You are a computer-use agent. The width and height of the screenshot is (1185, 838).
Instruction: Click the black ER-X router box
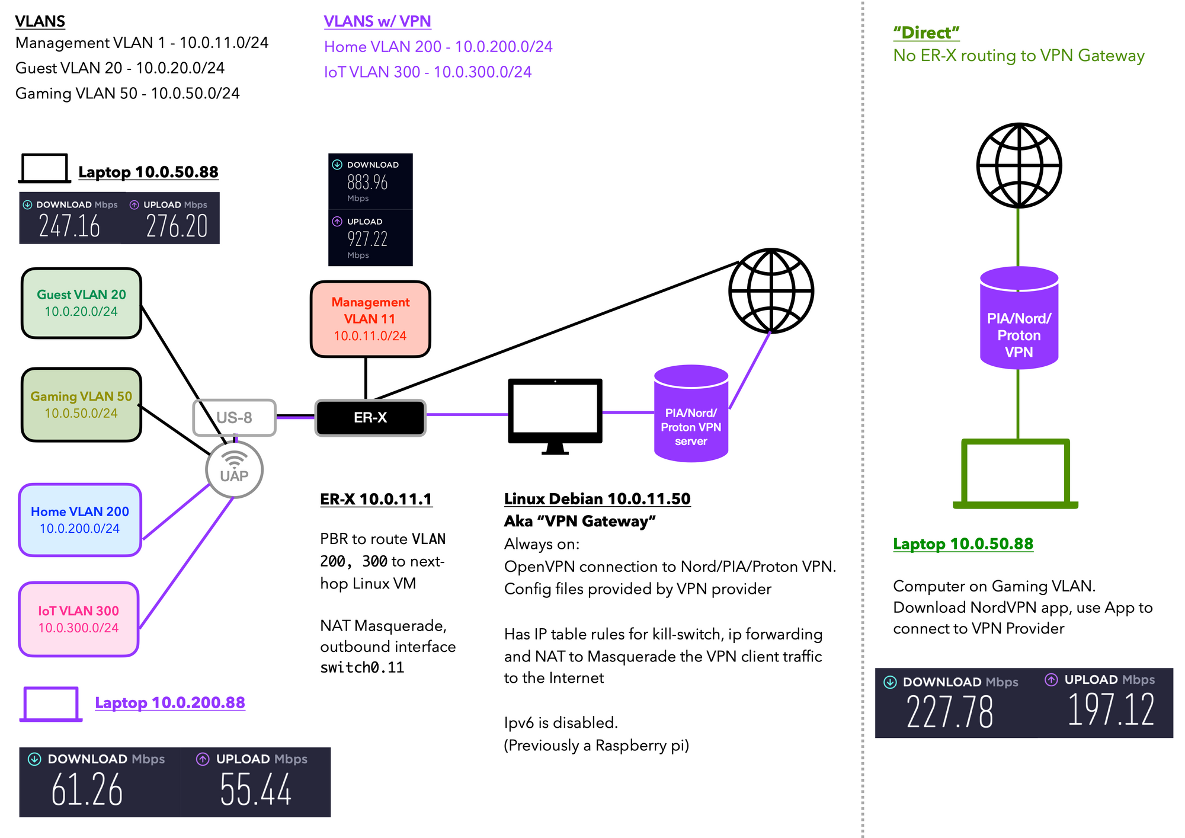pos(370,418)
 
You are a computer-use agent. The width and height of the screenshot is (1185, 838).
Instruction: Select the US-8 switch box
pos(235,418)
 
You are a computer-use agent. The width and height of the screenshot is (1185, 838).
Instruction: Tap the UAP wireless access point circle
pos(235,469)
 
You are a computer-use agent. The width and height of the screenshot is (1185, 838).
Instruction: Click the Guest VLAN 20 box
pos(81,303)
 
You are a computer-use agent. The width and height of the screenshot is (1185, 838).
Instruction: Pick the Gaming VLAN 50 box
pos(81,405)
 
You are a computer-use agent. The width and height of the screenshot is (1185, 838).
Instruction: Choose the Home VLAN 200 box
pos(80,520)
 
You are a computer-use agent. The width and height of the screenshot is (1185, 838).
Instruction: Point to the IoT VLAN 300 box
pos(79,619)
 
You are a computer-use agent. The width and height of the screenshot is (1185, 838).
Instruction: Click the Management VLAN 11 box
pos(370,319)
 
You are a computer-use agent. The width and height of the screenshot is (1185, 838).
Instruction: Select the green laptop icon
pos(1016,474)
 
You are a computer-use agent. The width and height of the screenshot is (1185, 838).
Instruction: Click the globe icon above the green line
pos(1019,165)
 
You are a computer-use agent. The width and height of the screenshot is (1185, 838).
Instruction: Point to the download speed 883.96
pos(367,182)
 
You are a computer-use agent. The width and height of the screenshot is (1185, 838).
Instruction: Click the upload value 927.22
pos(367,239)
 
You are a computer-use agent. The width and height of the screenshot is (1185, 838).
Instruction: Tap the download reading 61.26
pos(87,790)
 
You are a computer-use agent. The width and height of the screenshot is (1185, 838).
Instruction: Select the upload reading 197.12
pos(1111,710)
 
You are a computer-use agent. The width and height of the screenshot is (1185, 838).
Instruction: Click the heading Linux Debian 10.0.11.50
pos(597,499)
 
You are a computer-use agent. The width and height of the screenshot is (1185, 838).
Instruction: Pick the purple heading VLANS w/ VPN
pos(377,21)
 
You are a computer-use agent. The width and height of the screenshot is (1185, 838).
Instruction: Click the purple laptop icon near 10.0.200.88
pos(51,704)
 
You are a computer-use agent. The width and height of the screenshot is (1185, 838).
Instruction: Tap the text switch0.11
pos(362,668)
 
